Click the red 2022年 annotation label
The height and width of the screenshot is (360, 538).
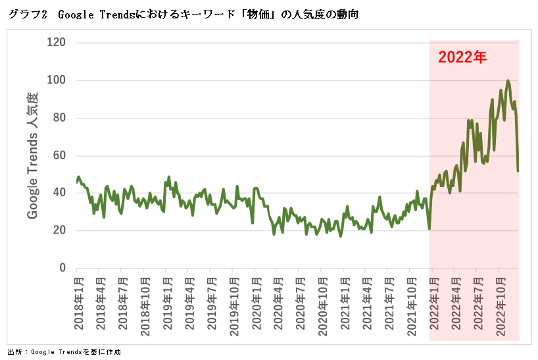[x=462, y=57]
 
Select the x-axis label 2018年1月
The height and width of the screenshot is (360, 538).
[x=78, y=305]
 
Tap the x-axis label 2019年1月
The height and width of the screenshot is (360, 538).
[x=166, y=305]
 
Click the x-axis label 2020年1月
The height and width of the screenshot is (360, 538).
[x=255, y=305]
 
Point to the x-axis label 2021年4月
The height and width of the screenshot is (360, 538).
[x=366, y=305]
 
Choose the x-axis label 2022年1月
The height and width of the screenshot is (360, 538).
[x=433, y=305]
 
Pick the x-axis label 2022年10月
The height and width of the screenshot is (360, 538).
[x=499, y=307]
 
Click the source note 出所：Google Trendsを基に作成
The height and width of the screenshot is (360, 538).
[x=64, y=351]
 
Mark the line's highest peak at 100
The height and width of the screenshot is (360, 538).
[x=508, y=80]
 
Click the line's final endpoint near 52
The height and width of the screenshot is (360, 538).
[x=518, y=171]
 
